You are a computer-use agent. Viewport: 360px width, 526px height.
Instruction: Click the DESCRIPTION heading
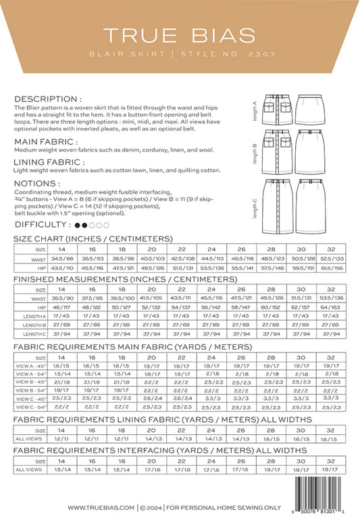48,99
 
